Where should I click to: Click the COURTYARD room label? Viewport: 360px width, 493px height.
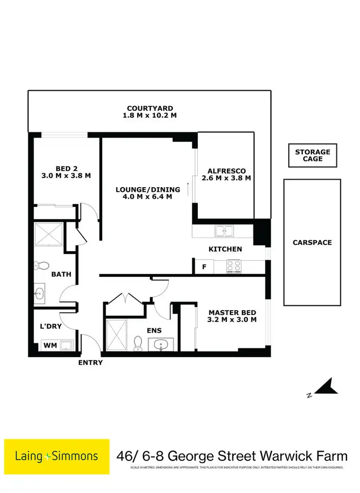tap(150, 108)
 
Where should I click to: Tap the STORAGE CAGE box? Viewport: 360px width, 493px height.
tap(312, 155)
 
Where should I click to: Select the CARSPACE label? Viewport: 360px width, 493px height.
tap(312, 242)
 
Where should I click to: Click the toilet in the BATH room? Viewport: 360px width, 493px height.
tap(43, 265)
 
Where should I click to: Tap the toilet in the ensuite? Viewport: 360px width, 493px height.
tap(138, 342)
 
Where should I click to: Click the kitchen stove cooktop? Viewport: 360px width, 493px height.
tap(233, 266)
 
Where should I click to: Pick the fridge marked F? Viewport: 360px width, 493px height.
tap(204, 267)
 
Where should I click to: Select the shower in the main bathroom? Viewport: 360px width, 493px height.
tap(48, 234)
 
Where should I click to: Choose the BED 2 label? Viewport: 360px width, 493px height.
tap(66, 168)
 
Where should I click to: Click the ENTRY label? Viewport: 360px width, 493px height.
tap(90, 362)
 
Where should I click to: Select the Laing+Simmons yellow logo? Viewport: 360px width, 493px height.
tap(57, 456)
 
